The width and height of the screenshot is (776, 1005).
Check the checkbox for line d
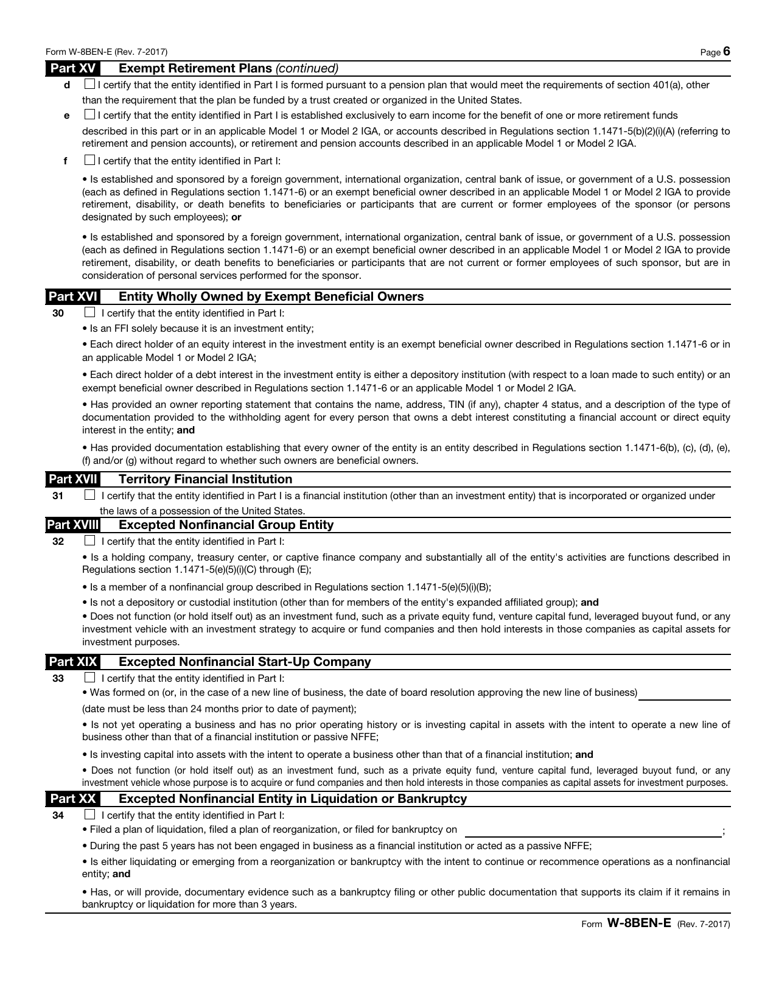89,85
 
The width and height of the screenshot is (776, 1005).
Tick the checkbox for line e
89,114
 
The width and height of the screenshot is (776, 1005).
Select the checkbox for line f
89,161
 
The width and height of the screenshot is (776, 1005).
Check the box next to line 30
90,313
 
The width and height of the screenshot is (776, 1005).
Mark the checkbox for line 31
90,495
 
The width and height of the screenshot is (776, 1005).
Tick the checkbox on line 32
90,541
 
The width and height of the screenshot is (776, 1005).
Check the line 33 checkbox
90,678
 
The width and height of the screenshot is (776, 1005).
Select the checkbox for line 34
90,814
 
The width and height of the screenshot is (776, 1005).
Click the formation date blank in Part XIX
684,695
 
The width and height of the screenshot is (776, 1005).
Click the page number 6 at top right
726,52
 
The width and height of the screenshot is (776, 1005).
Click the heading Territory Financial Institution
205,479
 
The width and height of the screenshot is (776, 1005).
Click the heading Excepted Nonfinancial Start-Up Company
244,662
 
